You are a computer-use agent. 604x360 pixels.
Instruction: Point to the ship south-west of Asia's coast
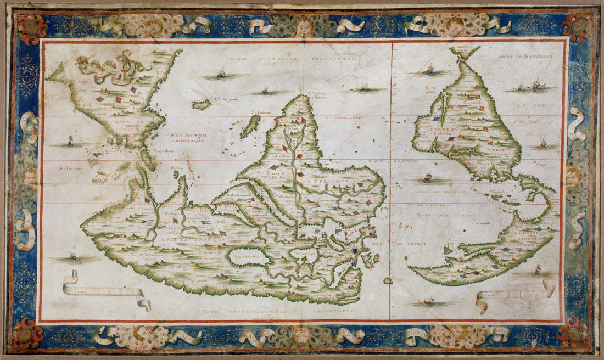click(73, 255)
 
